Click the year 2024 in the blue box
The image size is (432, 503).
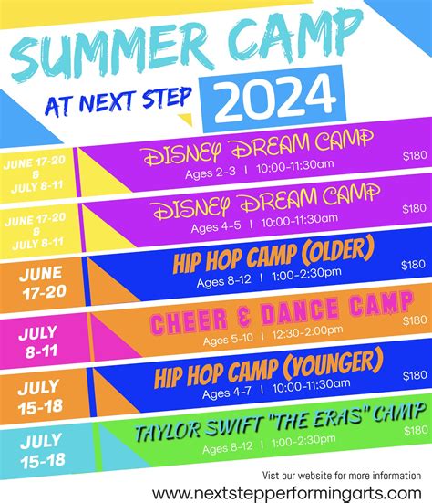274,99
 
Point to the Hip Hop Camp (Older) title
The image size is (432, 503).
273,255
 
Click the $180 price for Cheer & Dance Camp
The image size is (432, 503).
415,320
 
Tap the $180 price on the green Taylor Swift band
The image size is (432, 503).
416,430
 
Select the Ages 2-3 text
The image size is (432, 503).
211,173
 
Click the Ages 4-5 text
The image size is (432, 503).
216,226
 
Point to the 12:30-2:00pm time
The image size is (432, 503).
307,332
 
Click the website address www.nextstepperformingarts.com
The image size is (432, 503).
286,494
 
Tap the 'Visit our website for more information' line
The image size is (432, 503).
342,476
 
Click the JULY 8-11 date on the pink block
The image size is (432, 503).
38,342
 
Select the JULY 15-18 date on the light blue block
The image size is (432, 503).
42,451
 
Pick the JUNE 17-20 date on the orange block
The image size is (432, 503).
43,283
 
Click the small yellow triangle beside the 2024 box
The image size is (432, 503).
186,119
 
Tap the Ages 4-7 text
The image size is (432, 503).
226,393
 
